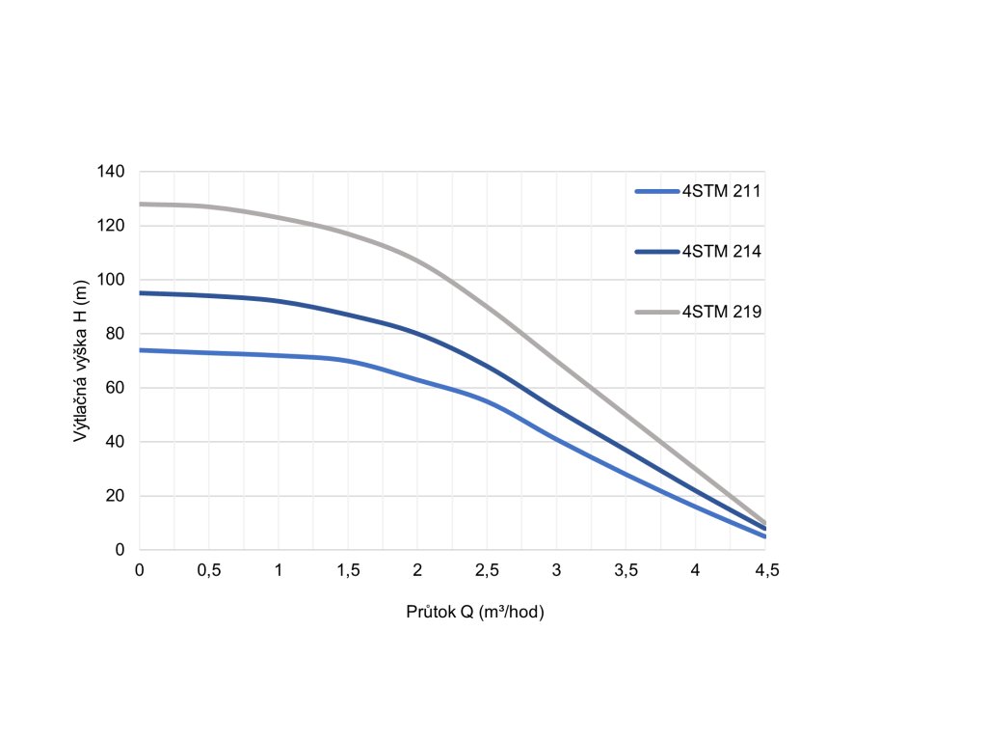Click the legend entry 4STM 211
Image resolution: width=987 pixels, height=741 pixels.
pos(722,191)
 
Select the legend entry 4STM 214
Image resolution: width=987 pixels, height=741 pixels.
pos(722,252)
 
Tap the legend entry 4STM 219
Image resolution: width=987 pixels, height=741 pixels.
pos(722,312)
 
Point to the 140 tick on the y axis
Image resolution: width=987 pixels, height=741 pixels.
pos(112,172)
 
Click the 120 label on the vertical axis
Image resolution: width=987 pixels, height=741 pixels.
pos(112,226)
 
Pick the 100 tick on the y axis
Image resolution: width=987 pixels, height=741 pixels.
pos(112,280)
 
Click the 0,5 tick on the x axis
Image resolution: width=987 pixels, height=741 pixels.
pos(209,570)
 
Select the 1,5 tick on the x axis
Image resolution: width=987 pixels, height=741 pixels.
pos(348,570)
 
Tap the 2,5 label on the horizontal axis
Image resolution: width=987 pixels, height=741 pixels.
pos(487,570)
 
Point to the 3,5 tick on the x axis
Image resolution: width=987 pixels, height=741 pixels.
pos(627,570)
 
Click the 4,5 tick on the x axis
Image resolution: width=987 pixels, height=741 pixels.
pos(765,570)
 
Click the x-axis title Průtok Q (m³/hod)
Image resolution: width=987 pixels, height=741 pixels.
pos(476,613)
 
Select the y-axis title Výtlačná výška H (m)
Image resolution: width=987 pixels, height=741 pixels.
pos(82,360)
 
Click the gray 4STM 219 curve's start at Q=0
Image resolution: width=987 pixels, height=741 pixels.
pos(141,204)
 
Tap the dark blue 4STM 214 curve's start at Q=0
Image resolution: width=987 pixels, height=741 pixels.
pos(141,292)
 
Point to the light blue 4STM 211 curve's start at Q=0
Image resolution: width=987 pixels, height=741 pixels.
pos(141,350)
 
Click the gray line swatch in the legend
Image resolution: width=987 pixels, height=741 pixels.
pos(657,312)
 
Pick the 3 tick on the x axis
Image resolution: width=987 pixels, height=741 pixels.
pos(556,570)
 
